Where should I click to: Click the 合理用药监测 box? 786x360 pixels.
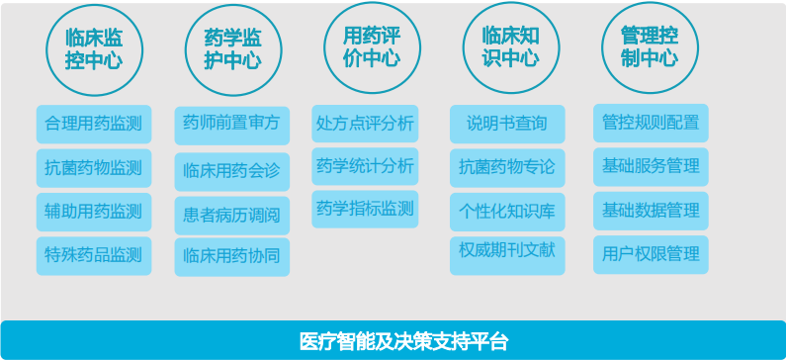coord(94,125)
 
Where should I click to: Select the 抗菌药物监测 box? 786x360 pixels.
coord(94,168)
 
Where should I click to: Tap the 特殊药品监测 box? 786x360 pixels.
coord(94,255)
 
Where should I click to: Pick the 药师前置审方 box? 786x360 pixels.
coord(231,125)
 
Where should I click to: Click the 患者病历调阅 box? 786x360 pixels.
coord(231,214)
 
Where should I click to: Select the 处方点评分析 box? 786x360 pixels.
coord(365,125)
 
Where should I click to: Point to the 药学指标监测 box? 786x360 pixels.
coord(365,209)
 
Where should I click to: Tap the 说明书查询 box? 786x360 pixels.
coord(507,125)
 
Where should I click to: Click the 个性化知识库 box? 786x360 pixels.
coord(507,211)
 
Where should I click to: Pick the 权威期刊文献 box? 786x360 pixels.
coord(507,253)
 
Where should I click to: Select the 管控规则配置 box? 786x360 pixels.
coord(651,124)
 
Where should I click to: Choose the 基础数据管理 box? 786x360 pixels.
coord(651,211)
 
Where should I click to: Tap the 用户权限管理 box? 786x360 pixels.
coord(651,254)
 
